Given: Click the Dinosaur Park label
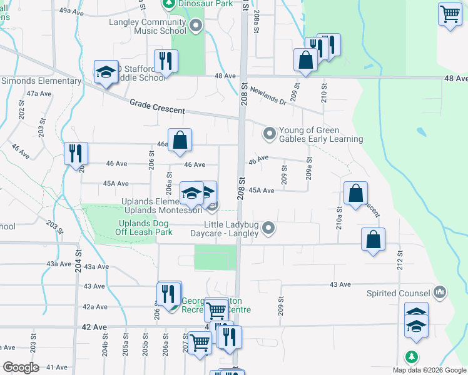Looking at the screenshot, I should point(198,4).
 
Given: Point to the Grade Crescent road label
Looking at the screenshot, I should point(157,106).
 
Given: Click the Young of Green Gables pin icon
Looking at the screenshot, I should point(270,134).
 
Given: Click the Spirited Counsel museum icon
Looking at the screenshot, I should point(439,292).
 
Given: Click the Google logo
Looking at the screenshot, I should point(21,367).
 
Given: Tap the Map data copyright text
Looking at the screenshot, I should point(429,370).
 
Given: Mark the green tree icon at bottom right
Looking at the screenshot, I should point(411,357).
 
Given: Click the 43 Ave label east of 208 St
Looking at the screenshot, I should point(340,284).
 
